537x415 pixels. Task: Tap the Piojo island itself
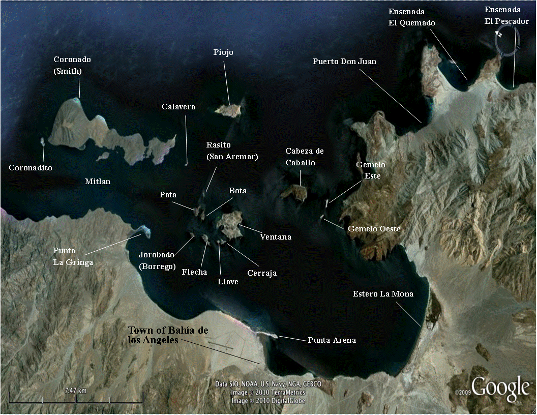pyautogui.click(x=228, y=109)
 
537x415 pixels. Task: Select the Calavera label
pyautogui.click(x=178, y=107)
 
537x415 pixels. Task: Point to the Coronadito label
pyautogui.click(x=31, y=167)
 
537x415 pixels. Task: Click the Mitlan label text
pyautogui.click(x=98, y=181)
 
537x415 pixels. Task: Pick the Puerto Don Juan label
pyautogui.click(x=345, y=61)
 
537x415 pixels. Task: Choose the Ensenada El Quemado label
pyautogui.click(x=411, y=17)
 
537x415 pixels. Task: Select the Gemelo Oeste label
pyautogui.click(x=374, y=229)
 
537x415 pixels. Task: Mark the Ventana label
pyautogui.click(x=276, y=236)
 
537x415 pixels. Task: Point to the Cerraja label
pyautogui.click(x=262, y=273)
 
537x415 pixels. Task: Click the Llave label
pyautogui.click(x=227, y=282)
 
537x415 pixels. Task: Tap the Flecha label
pyautogui.click(x=194, y=272)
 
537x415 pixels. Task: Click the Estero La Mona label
pyautogui.click(x=383, y=294)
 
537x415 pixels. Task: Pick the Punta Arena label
pyautogui.click(x=332, y=340)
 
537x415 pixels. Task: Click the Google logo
pyautogui.click(x=500, y=388)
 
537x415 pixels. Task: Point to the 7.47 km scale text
pyautogui.click(x=75, y=391)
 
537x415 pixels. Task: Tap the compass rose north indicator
pyautogui.click(x=500, y=35)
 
